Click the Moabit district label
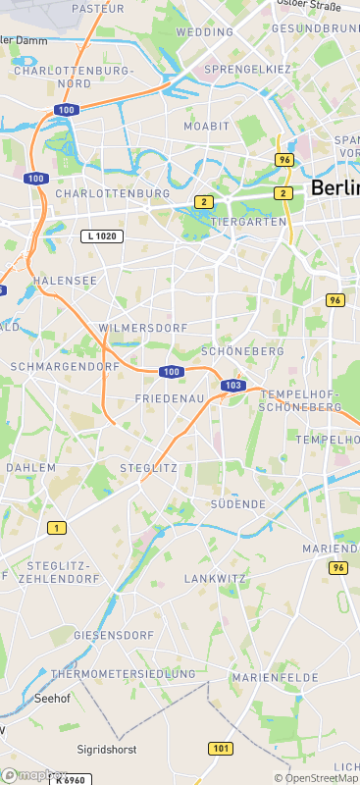coord(206,127)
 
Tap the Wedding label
coord(204,32)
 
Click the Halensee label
coord(65,281)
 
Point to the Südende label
coord(238,503)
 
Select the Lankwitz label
coord(215,578)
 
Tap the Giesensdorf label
coord(114,636)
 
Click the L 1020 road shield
coord(102,237)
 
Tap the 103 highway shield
coord(232,386)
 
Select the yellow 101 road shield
coord(221,749)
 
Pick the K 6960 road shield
coord(74,779)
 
